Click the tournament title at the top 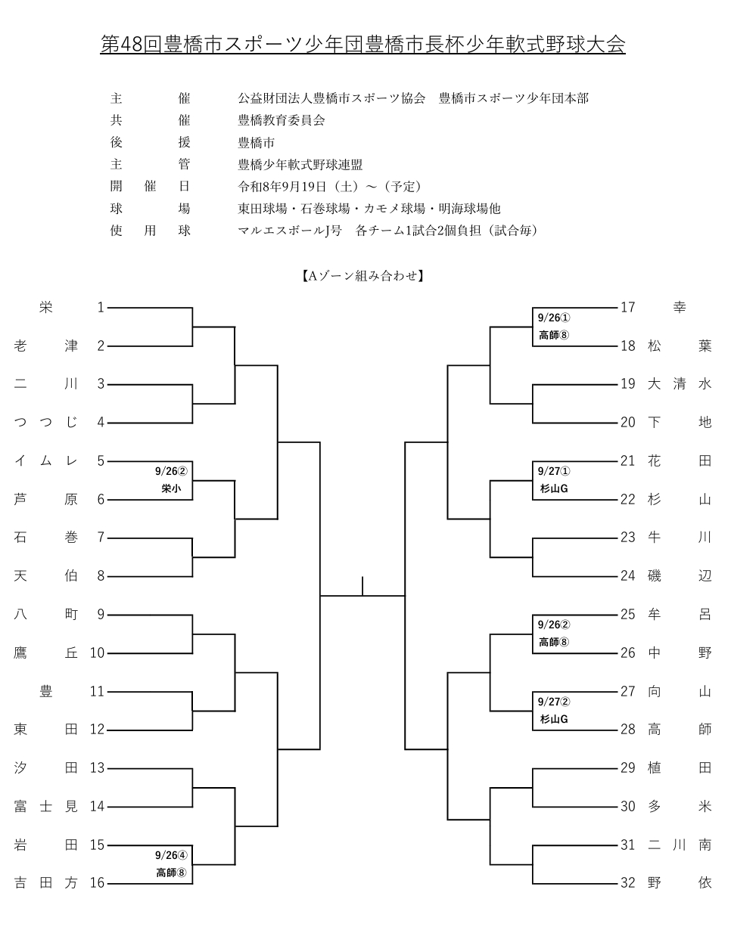[362, 44]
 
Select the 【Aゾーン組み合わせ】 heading [362, 276]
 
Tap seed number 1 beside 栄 [101, 307]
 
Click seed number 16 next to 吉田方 [97, 882]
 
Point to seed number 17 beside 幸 [628, 307]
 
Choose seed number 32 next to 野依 [628, 882]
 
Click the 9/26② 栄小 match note [171, 480]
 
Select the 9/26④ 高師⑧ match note [171, 863]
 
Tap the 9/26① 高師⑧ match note [554, 327]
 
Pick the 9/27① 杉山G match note [554, 480]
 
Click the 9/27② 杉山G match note [554, 711]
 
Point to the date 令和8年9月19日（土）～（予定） [330, 187]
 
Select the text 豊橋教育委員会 [282, 120]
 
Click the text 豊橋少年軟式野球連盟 [300, 165]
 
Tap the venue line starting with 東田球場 [369, 209]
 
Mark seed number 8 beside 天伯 [101, 575]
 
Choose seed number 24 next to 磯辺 [628, 575]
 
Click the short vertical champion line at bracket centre [362, 586]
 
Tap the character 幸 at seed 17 [680, 307]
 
